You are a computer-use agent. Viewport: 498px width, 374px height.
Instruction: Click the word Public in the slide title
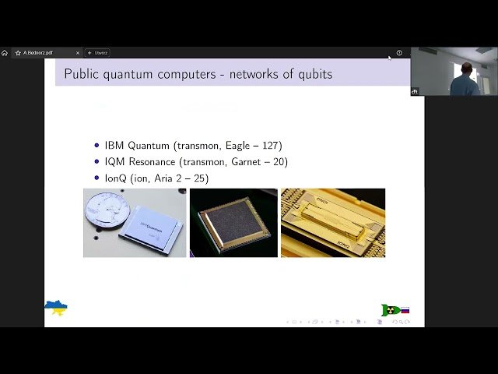tap(81, 74)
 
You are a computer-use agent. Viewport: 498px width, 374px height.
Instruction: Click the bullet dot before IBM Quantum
tap(96, 146)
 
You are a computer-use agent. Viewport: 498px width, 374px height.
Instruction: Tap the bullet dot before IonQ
tap(96, 178)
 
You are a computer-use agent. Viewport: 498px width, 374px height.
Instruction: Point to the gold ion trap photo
tap(333, 222)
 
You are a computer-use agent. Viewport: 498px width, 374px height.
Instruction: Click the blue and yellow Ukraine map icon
tap(56, 309)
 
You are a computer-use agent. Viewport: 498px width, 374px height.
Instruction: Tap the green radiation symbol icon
tap(389, 310)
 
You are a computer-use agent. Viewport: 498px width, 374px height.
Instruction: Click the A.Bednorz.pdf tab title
tap(38, 53)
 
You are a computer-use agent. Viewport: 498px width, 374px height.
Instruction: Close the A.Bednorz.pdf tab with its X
tap(78, 53)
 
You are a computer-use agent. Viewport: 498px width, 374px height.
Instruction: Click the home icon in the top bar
tap(5, 53)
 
